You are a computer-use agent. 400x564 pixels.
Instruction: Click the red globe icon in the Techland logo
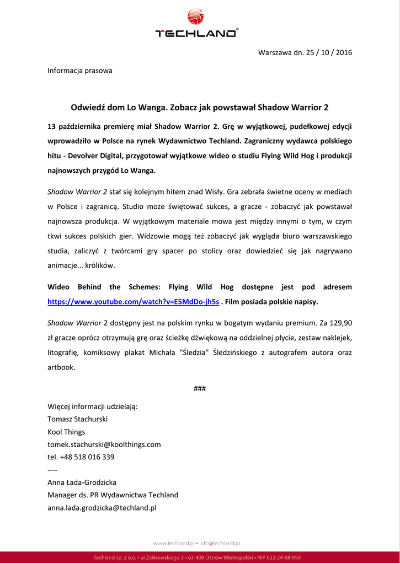(196, 17)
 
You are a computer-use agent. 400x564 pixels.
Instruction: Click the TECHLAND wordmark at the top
(196, 34)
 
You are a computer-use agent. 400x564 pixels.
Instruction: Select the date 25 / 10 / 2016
(328, 53)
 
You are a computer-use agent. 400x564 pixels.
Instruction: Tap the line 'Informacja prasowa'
(80, 70)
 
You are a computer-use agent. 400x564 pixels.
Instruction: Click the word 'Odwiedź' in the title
(89, 107)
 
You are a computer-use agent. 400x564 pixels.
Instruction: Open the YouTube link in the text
(134, 302)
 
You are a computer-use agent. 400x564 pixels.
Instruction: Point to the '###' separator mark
(200, 389)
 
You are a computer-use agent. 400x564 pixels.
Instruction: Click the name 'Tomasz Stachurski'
(78, 419)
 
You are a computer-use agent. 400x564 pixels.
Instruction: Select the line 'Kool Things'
(66, 432)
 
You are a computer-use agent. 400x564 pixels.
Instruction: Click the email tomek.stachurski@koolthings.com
(104, 444)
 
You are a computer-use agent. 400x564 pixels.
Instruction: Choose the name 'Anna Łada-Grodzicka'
(82, 482)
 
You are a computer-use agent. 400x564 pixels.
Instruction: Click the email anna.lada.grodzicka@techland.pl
(102, 507)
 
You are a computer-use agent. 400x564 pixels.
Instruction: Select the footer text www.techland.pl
(174, 543)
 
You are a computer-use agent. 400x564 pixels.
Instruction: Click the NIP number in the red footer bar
(281, 557)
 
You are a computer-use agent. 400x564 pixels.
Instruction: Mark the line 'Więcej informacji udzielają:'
(93, 406)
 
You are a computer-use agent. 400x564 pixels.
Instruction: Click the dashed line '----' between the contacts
(52, 470)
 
